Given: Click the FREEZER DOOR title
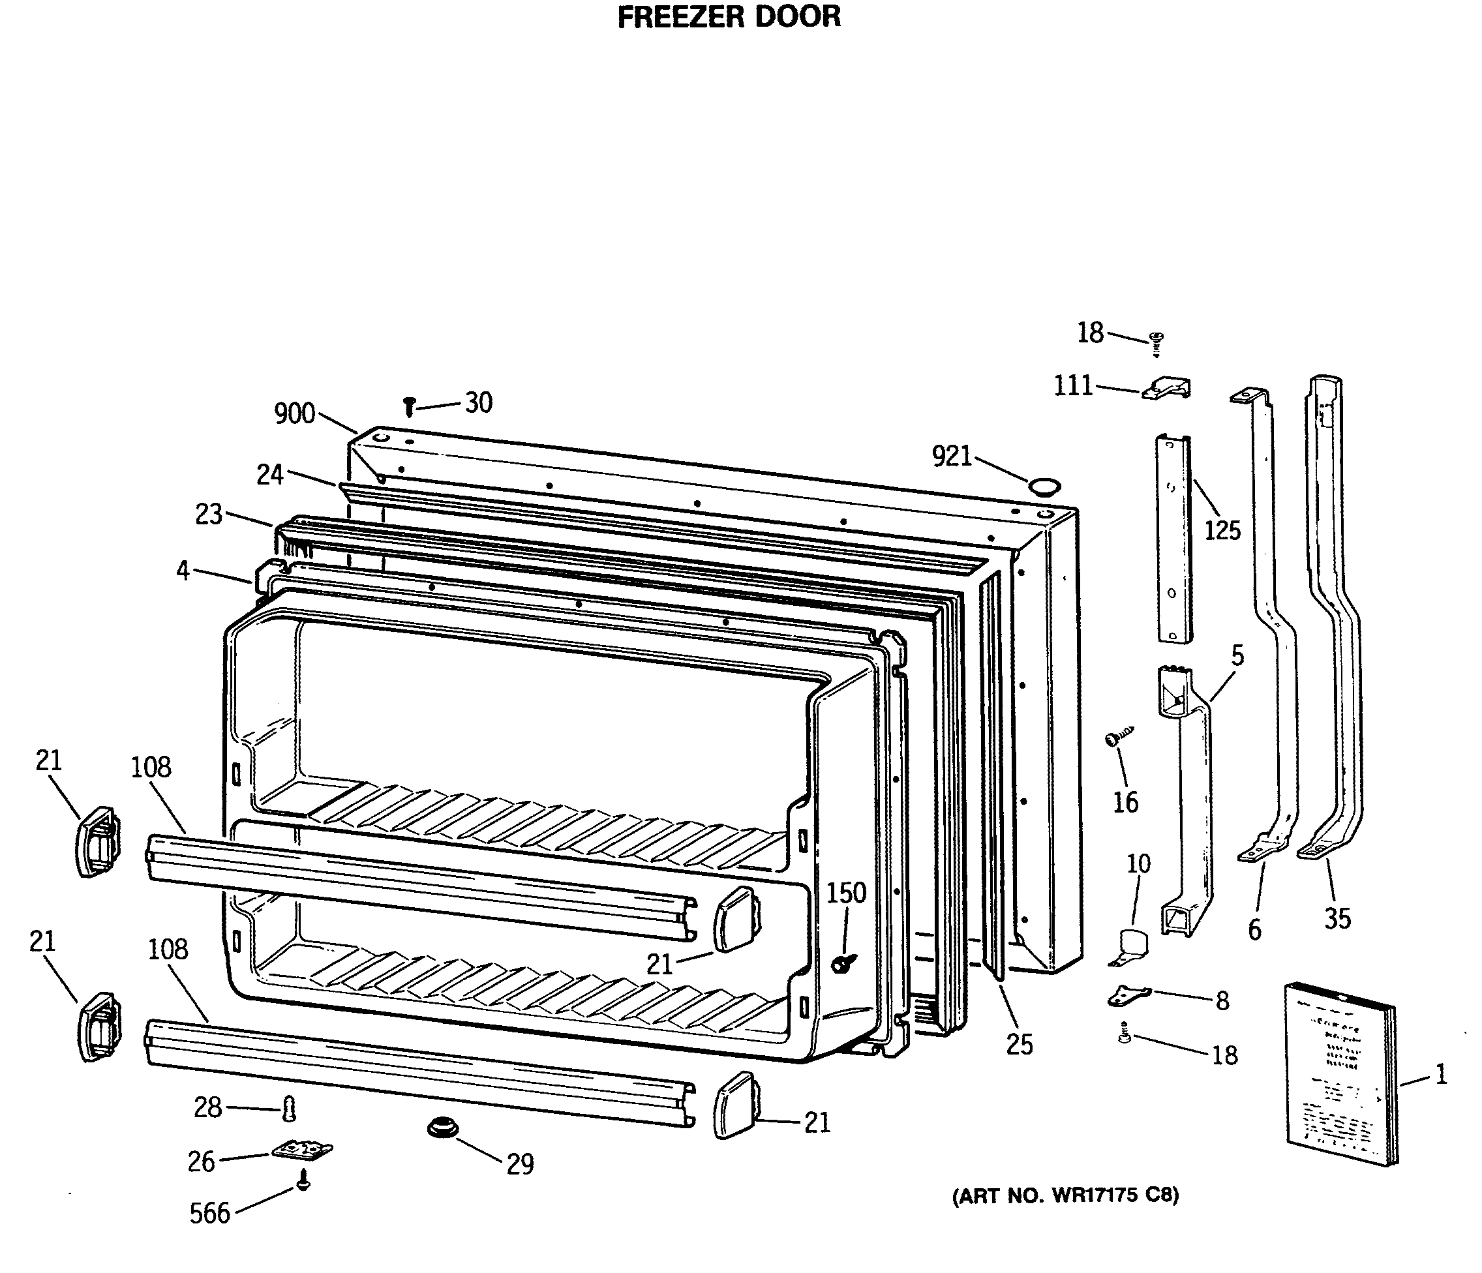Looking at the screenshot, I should coord(729,17).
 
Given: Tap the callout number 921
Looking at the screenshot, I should coord(951,456).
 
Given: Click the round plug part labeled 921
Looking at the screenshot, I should coord(1044,487).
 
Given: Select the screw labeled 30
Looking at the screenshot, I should coord(409,408).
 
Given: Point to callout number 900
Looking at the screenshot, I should coord(295,413).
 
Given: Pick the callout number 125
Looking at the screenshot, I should coord(1222,530).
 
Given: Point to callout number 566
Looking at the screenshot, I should coord(209,1214).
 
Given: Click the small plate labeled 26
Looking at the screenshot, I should coord(302,1150).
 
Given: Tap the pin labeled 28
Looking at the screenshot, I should coord(289,1109).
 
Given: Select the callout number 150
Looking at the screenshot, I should coord(846,893).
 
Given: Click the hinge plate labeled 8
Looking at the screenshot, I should coord(1128,995).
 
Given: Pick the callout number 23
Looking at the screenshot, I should coord(209,514).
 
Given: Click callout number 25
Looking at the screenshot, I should coord(1020,1045).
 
